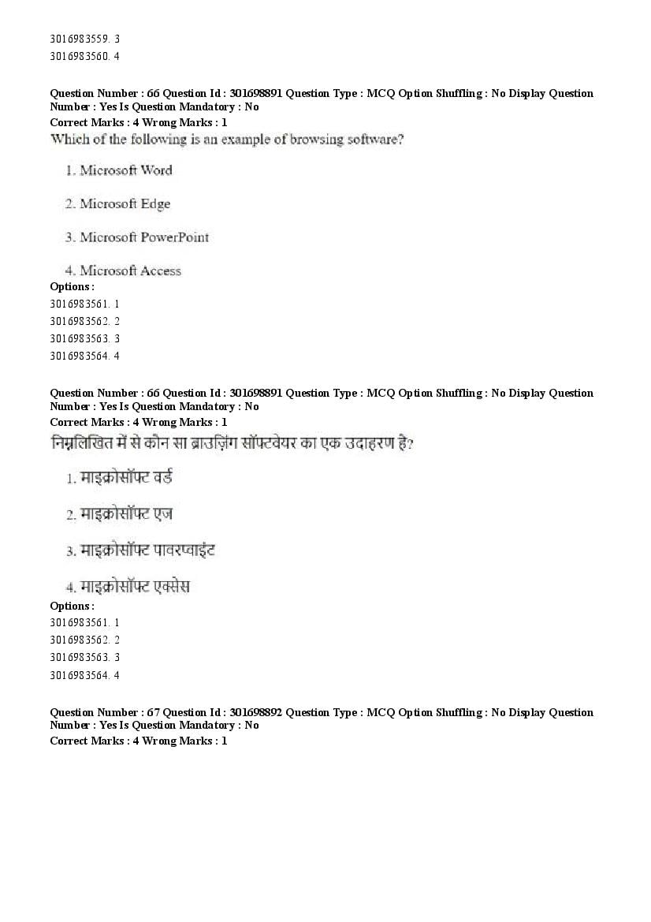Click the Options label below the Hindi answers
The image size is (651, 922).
pos(72,606)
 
